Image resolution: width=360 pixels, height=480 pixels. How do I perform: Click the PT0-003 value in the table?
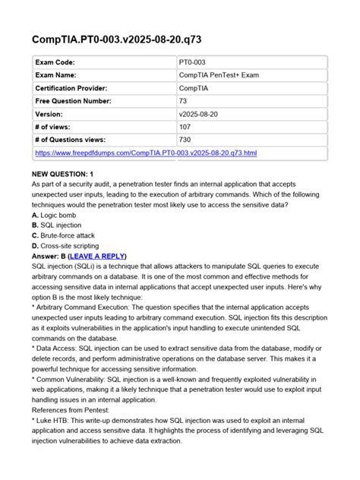point(195,61)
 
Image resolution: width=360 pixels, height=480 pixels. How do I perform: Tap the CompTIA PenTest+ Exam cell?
point(220,74)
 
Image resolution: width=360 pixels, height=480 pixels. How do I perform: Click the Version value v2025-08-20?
point(201,113)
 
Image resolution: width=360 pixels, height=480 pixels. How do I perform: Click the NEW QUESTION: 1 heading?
point(62,174)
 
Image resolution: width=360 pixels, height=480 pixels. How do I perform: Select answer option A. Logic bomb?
point(58,215)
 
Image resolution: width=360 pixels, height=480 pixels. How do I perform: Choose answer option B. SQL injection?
point(62,226)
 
